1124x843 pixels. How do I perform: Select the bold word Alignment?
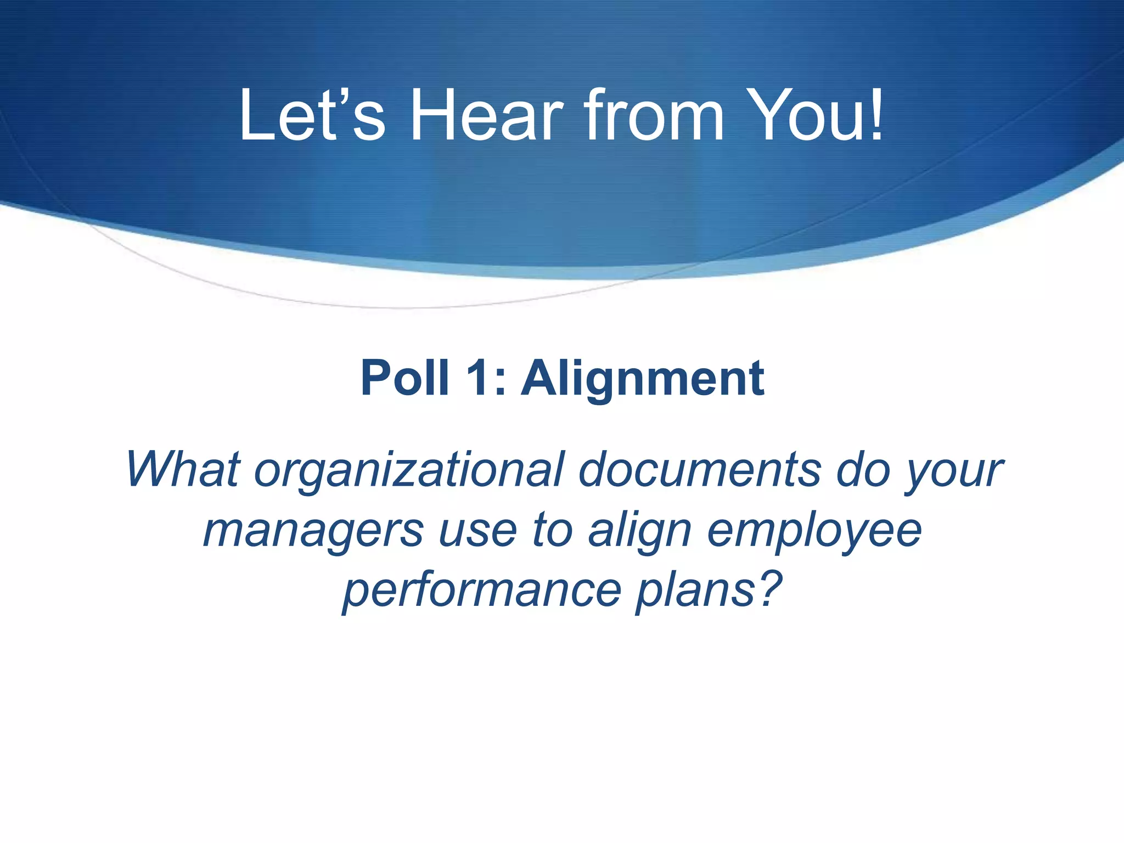click(x=643, y=379)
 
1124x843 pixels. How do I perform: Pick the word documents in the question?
click(x=700, y=469)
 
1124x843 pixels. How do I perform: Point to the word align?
click(x=639, y=531)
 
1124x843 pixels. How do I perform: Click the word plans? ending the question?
click(x=709, y=591)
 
